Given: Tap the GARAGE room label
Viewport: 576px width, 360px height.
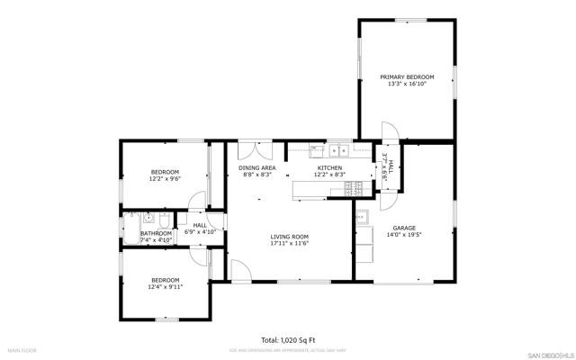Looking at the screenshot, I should click(403, 228).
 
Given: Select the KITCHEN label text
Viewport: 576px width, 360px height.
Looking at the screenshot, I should click(329, 167).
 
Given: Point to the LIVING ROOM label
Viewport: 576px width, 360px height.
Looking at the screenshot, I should click(289, 237).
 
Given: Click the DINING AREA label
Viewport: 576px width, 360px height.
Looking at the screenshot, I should click(256, 167).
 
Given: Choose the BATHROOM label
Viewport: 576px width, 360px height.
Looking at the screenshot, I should click(156, 233).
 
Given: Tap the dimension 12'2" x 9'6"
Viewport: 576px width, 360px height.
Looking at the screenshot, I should click(165, 178).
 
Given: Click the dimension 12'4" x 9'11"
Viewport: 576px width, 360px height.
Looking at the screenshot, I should click(165, 287).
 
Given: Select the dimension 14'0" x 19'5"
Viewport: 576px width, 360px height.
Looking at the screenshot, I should click(403, 235).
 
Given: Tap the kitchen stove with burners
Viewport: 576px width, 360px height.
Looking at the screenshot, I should click(359, 188).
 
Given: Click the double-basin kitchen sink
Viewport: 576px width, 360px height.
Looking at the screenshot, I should click(338, 150).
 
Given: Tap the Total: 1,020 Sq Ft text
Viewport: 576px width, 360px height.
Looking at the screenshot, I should click(288, 340).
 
